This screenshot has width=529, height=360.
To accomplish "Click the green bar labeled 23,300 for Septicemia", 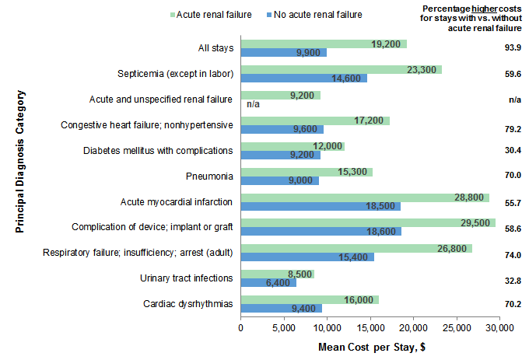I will (341, 69).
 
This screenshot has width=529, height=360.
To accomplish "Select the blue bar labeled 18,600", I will (321, 232).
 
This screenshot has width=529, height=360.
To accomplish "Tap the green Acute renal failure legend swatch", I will (170, 13).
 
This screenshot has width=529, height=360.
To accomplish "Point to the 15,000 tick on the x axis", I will (370, 327).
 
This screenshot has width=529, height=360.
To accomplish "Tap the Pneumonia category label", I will (208, 176).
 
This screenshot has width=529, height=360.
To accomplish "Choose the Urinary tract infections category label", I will (186, 278).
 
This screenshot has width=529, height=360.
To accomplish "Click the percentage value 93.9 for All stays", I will (513, 48).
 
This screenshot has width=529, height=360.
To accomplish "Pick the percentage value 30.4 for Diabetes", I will (513, 151).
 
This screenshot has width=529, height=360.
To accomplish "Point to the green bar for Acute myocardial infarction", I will (364, 197).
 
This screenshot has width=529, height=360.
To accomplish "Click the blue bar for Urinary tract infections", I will (268, 282).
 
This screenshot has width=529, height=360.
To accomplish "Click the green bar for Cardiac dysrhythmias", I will (310, 299).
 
